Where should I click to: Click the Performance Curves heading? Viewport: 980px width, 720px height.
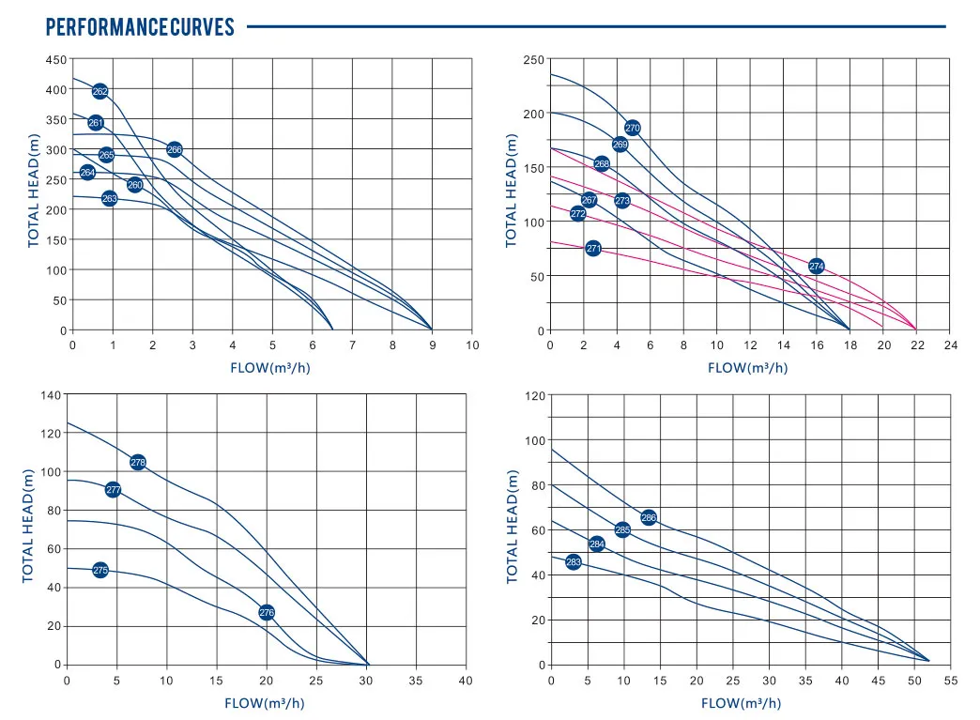pos(140,26)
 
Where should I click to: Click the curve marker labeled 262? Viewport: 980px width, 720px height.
pos(100,91)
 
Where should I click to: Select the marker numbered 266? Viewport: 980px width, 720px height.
pos(175,149)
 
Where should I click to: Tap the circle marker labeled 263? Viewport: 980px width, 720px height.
pos(110,198)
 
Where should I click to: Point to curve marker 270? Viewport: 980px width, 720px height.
pos(633,128)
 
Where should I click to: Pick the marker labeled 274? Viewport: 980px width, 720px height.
pos(817,267)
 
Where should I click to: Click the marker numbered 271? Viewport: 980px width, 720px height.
pos(593,249)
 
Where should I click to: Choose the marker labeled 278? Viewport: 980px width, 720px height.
pos(138,462)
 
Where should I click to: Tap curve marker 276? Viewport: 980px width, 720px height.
pos(267,612)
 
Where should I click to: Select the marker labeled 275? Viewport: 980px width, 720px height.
pos(100,570)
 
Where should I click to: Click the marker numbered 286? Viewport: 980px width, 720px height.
pos(649,517)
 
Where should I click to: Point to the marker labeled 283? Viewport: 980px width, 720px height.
pos(574,562)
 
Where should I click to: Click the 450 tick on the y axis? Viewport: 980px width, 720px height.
pos(55,59)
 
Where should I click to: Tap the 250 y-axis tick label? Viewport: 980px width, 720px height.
pos(533,60)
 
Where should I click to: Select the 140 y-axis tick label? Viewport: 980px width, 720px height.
pos(50,395)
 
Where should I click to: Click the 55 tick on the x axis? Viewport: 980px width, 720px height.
pos(951,679)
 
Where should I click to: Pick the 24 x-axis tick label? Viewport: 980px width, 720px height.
pos(950,345)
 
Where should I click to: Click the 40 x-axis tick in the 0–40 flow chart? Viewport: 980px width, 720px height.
pos(466,679)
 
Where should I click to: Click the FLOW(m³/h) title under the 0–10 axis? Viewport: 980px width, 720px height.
pos(270,368)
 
